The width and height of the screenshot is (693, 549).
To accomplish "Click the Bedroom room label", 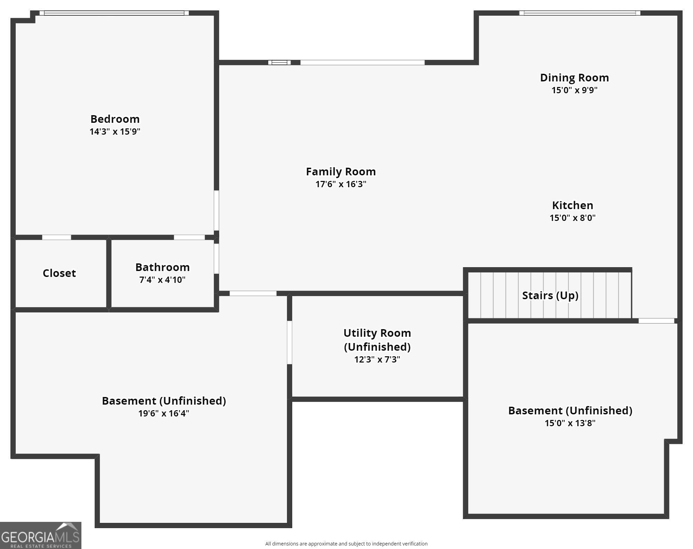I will click(x=115, y=119).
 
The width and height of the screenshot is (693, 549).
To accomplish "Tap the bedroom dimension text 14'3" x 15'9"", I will click(x=115, y=132).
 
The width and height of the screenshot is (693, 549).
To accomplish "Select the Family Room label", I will click(x=341, y=172).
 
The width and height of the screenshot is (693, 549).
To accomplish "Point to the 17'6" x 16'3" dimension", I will click(x=341, y=184).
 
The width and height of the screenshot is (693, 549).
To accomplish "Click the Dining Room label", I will click(x=574, y=78).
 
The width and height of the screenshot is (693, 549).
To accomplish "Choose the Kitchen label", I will click(x=572, y=205).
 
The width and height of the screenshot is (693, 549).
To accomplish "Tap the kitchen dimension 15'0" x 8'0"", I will click(x=572, y=218).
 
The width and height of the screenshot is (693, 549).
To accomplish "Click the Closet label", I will click(x=59, y=273).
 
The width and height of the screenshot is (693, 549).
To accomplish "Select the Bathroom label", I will click(x=162, y=267).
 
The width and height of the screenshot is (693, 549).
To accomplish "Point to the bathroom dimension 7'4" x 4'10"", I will click(x=162, y=280).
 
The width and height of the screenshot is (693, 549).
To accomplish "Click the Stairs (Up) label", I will click(x=550, y=295).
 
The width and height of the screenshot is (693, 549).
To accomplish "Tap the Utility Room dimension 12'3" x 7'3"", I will click(x=377, y=359).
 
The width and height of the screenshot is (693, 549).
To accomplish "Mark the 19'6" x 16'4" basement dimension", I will click(x=164, y=413).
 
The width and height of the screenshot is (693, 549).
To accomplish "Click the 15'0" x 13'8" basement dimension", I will click(x=570, y=423).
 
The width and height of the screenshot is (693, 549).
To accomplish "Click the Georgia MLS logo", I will click(x=41, y=535).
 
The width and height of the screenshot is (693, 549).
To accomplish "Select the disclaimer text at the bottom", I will click(x=346, y=544).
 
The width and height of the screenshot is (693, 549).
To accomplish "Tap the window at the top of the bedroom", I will click(x=114, y=13).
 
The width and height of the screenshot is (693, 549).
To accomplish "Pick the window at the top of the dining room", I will click(x=580, y=13).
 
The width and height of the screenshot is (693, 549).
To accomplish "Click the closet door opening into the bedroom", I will click(x=57, y=237).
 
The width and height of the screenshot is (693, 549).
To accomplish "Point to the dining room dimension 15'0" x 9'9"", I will click(x=574, y=90).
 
